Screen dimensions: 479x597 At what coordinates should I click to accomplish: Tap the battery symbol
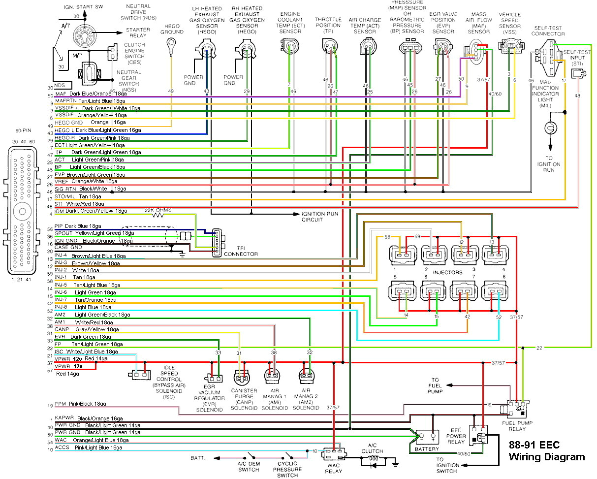point(426,437)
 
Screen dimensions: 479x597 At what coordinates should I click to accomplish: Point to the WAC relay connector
point(334,451)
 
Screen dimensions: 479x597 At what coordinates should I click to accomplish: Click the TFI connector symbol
point(217,243)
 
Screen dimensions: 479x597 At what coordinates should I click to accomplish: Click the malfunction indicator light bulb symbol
point(549,128)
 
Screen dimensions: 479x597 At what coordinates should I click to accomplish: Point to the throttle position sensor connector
point(328,47)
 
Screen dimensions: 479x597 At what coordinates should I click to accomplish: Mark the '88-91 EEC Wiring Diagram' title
point(546,451)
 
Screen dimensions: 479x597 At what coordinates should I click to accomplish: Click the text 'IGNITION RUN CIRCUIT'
point(320,217)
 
